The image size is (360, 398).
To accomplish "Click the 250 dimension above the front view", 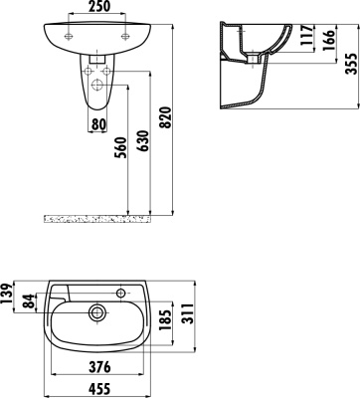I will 96,9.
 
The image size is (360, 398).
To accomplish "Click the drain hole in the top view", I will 97,311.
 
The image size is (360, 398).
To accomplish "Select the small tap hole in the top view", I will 119,293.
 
